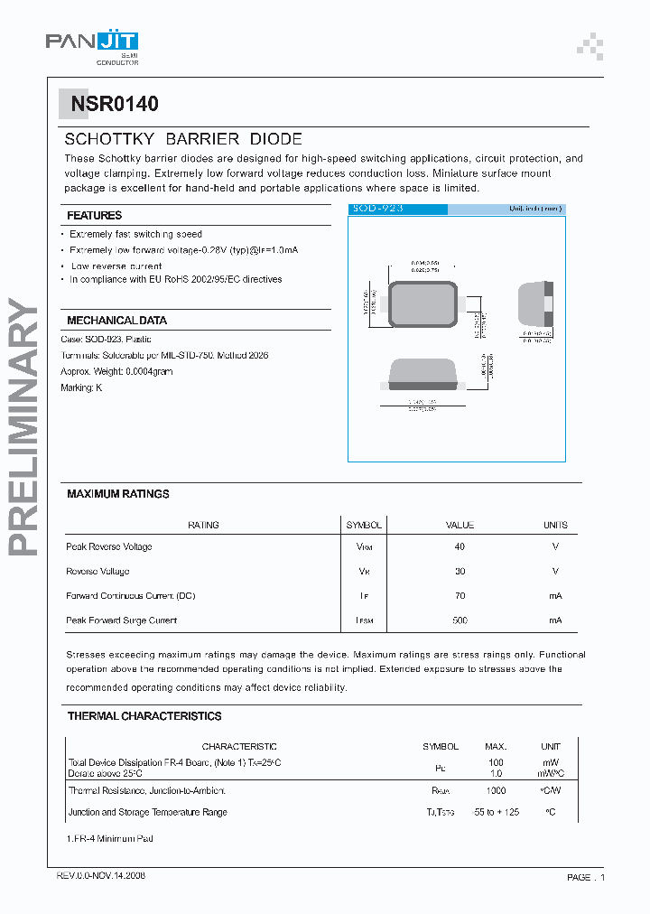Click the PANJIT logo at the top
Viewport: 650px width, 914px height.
tap(92, 42)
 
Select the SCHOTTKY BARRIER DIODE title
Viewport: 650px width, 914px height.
tap(183, 140)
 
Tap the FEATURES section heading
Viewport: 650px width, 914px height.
tap(94, 216)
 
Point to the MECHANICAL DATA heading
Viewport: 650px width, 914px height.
tap(116, 321)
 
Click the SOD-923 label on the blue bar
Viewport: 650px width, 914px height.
tap(377, 209)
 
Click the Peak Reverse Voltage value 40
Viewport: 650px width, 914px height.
tap(460, 547)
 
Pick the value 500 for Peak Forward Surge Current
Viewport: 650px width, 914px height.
tap(460, 620)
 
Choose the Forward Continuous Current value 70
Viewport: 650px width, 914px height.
tap(460, 596)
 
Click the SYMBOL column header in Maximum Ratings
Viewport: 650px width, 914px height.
tap(364, 525)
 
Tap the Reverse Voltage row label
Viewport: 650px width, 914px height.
tap(97, 572)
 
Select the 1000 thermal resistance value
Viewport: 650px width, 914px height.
tap(496, 790)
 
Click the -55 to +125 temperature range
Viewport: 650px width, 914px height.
tap(496, 812)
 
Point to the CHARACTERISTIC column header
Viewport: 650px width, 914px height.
tap(239, 747)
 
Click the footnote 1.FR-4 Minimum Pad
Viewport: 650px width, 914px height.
tap(109, 839)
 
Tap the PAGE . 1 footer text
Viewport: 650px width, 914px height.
tap(586, 877)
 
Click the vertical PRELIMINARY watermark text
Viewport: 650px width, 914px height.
tap(25, 424)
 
